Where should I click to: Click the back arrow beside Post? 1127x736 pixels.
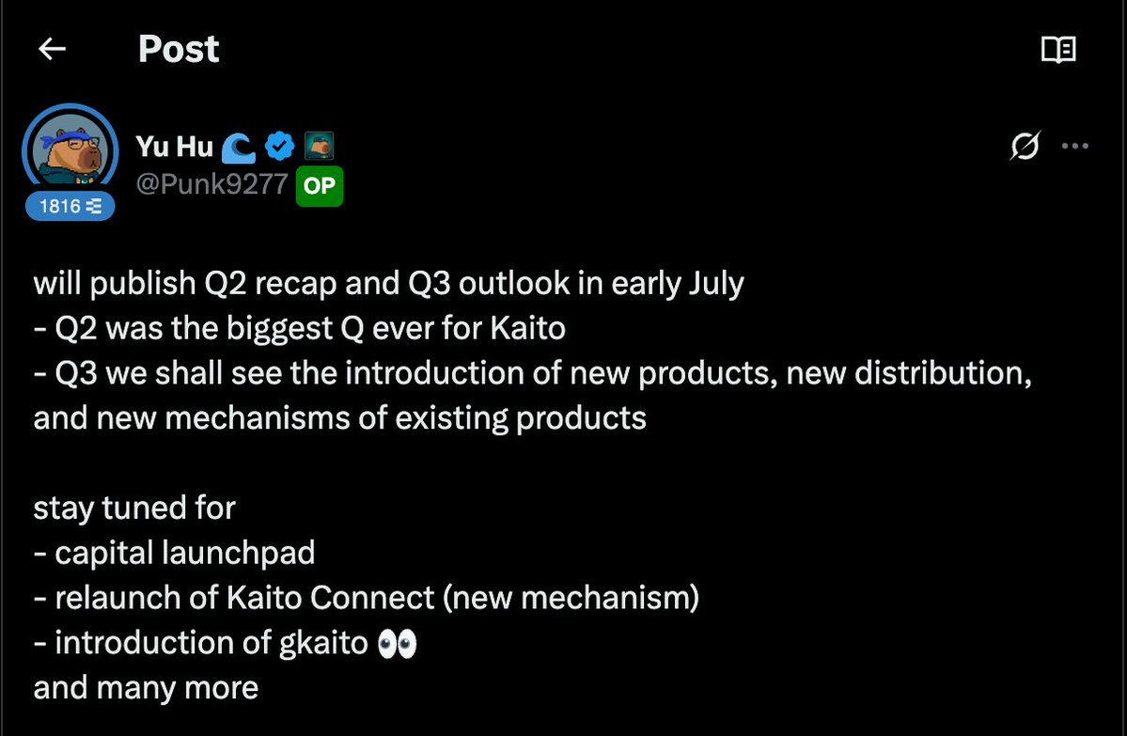coord(52,49)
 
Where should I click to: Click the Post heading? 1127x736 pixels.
coord(179,49)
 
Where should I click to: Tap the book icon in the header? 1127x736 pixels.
coord(1058,50)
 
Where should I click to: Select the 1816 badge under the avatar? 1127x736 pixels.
coord(70,206)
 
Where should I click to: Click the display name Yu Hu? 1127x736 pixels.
coord(175,147)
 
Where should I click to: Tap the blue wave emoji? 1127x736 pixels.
coord(239,148)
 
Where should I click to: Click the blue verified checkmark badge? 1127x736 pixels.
coord(279,147)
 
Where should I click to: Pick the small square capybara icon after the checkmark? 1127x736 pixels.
coord(320,146)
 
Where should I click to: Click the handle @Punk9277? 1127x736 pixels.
coord(212,185)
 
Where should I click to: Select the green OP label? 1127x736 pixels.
coord(320,186)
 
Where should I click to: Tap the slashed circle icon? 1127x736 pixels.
coord(1025,146)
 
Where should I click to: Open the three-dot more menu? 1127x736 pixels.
coord(1075,146)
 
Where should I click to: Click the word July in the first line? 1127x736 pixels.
coord(716,284)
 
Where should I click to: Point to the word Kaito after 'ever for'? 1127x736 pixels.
coord(528,328)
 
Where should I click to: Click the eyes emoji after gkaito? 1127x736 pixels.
coord(398,643)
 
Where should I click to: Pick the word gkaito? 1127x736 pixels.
coord(323,643)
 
